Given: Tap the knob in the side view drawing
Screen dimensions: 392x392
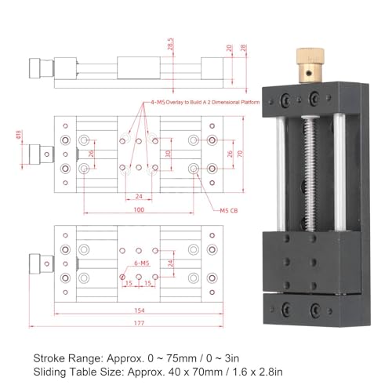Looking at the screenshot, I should [37, 67].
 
